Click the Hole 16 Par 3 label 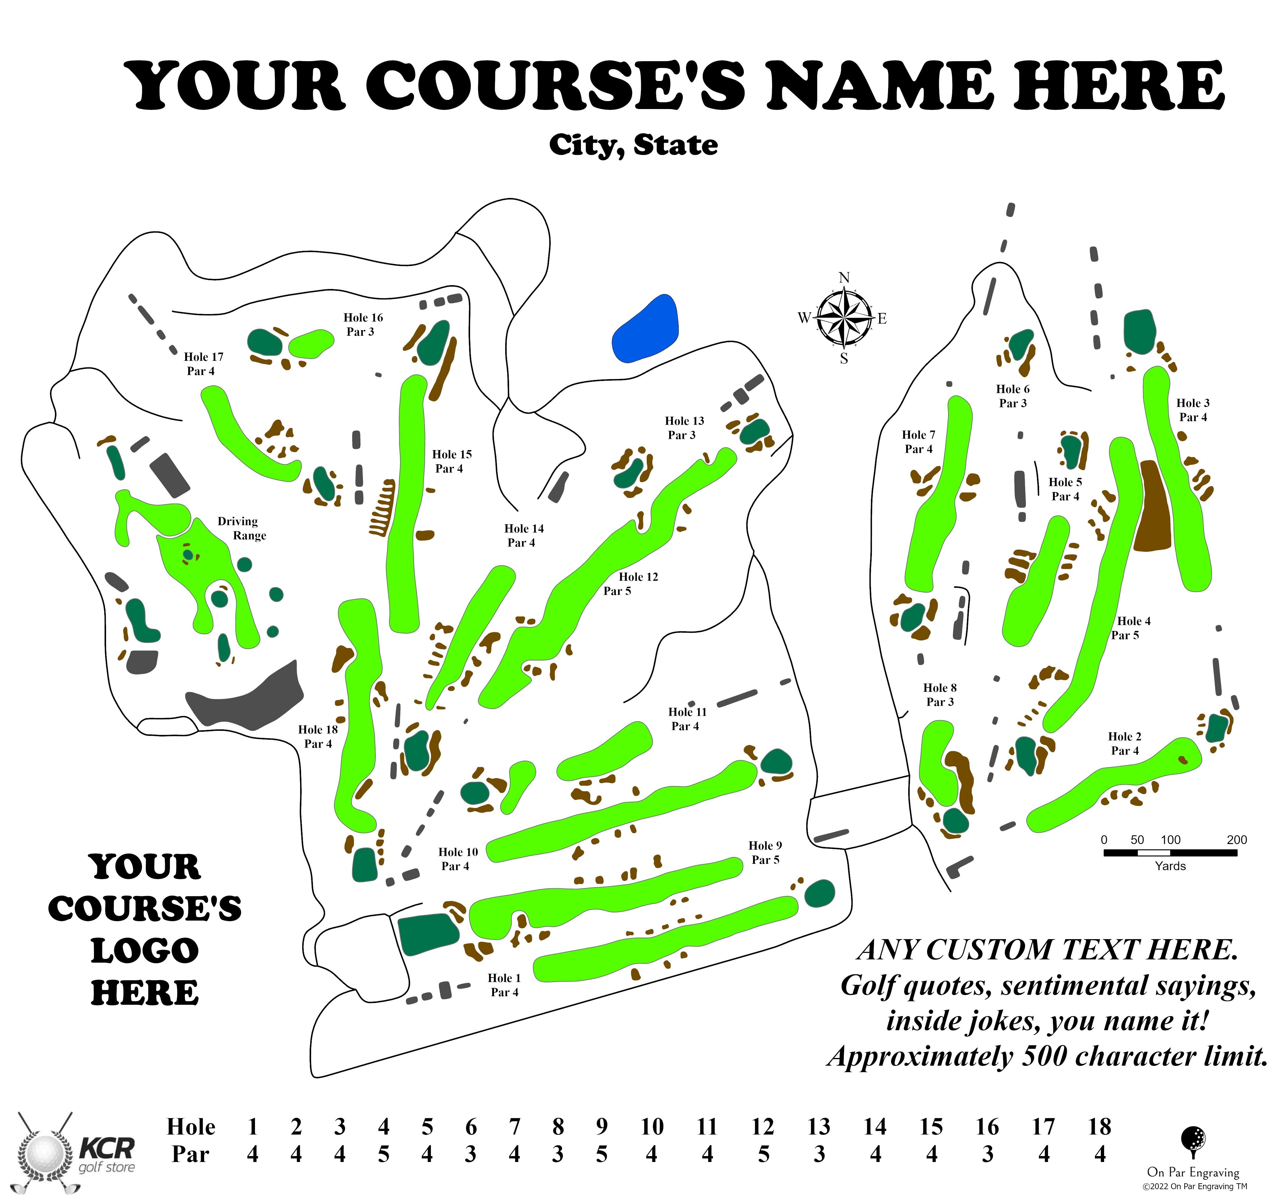click(x=362, y=324)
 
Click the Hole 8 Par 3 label click(x=940, y=694)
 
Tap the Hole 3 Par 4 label click(x=1192, y=410)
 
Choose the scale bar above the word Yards click(x=1170, y=853)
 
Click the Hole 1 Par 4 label click(x=504, y=985)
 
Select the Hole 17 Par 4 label click(x=203, y=363)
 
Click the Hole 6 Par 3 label click(x=1012, y=396)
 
